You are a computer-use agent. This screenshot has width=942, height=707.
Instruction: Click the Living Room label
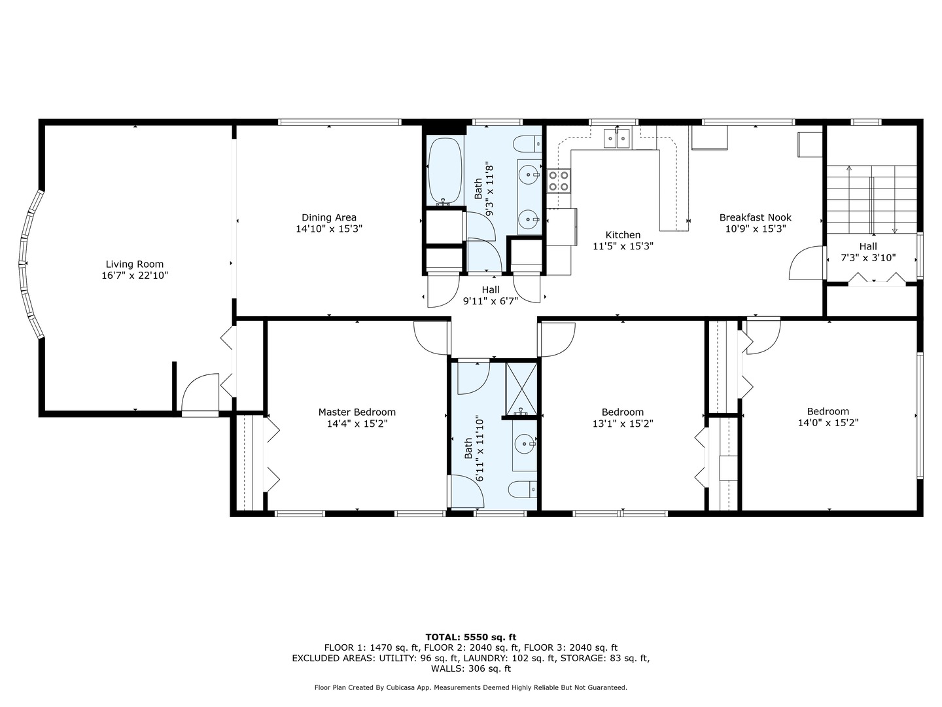pyautogui.click(x=134, y=264)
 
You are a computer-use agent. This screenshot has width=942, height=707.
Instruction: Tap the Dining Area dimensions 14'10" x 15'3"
pyautogui.click(x=328, y=229)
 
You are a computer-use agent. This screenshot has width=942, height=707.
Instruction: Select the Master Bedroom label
pyautogui.click(x=357, y=412)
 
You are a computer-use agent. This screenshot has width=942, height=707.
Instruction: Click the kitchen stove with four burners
pyautogui.click(x=558, y=180)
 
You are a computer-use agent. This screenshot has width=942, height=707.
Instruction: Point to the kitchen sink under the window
pyautogui.click(x=616, y=137)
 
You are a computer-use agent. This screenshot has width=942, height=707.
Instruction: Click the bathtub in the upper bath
pyautogui.click(x=444, y=172)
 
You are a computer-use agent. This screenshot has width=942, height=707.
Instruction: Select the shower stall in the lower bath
pyautogui.click(x=521, y=389)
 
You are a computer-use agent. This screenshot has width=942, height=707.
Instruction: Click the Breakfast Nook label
pyautogui.click(x=755, y=217)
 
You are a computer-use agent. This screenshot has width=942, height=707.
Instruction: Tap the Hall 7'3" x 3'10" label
pyautogui.click(x=868, y=252)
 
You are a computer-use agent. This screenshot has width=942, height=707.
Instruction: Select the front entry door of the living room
pyautogui.click(x=200, y=396)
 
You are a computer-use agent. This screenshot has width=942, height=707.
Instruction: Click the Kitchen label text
pyautogui.click(x=623, y=235)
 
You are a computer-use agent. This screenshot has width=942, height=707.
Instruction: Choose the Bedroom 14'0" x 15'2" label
pyautogui.click(x=828, y=417)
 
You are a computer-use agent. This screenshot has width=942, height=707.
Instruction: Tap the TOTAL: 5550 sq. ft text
pyautogui.click(x=470, y=636)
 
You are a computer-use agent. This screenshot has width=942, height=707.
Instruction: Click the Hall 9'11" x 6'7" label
pyautogui.click(x=490, y=295)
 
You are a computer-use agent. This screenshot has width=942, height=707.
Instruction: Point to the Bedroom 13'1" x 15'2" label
pyautogui.click(x=622, y=417)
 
